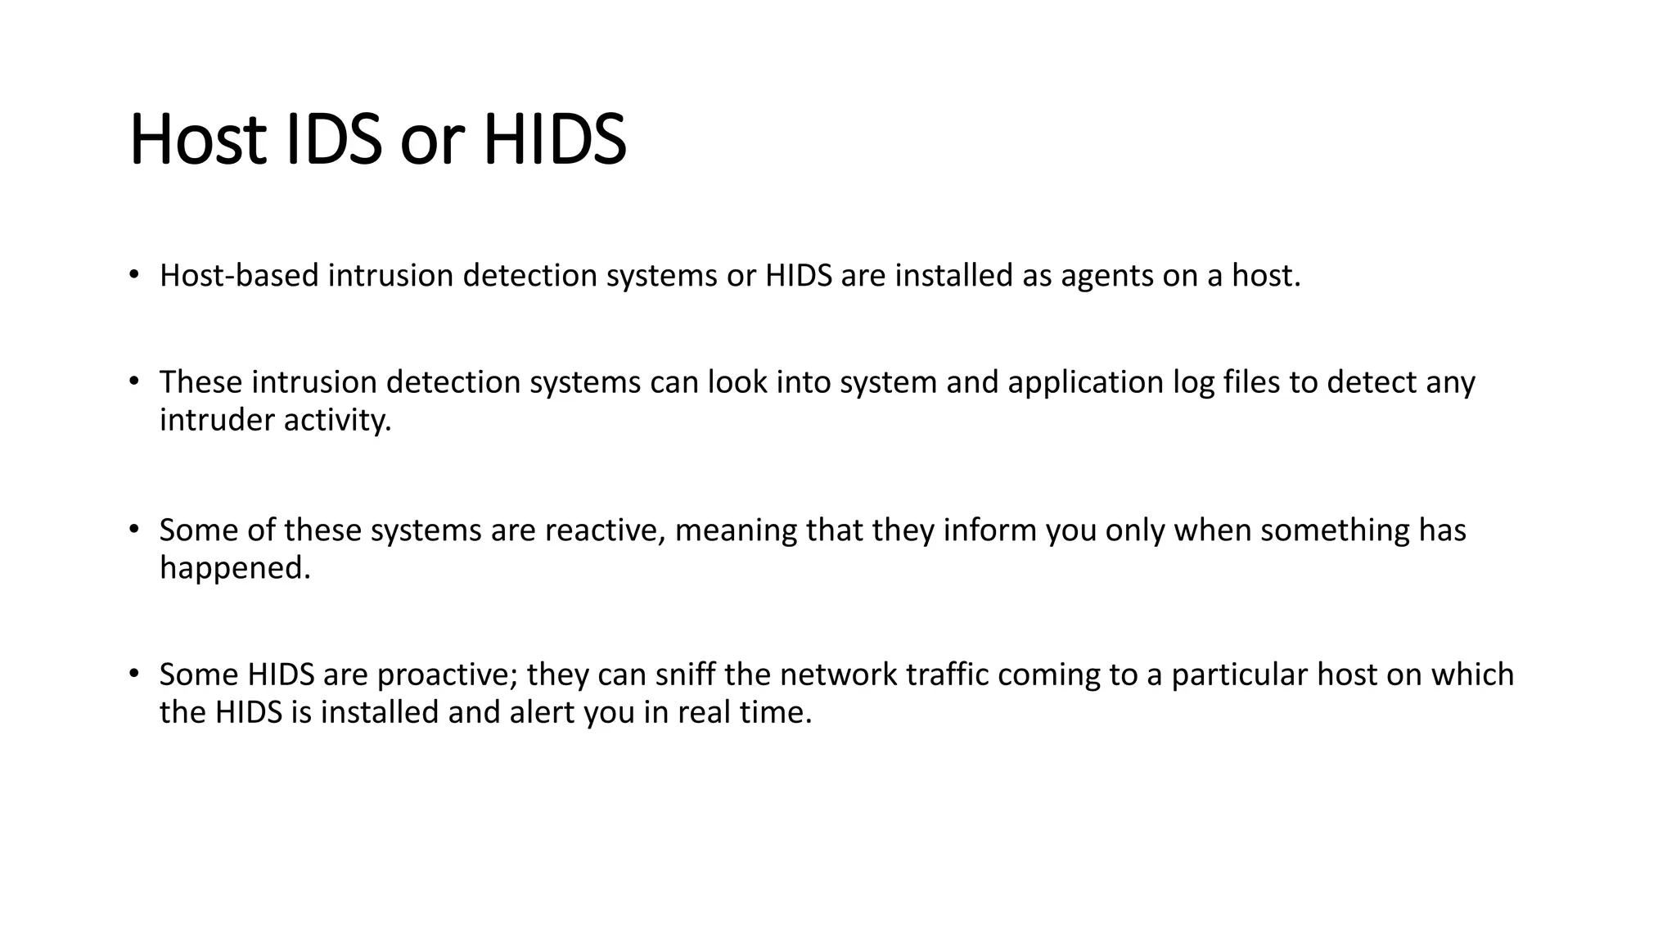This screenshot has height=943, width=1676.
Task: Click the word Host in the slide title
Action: tap(198, 141)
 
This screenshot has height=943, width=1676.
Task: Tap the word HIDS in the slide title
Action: tap(554, 141)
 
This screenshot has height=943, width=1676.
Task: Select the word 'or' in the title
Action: tap(432, 141)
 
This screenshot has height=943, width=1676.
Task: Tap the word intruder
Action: tap(217, 420)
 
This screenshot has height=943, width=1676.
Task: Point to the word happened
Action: tap(235, 568)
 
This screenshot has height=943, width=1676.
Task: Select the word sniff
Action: tap(683, 675)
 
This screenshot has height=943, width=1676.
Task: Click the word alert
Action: tap(541, 712)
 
